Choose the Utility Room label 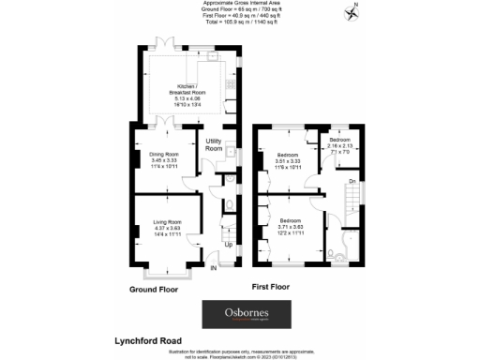pos(214,144)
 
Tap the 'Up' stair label pos(228,246)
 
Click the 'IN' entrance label pos(213,269)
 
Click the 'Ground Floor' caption pos(154,290)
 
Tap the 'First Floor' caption pos(275,283)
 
